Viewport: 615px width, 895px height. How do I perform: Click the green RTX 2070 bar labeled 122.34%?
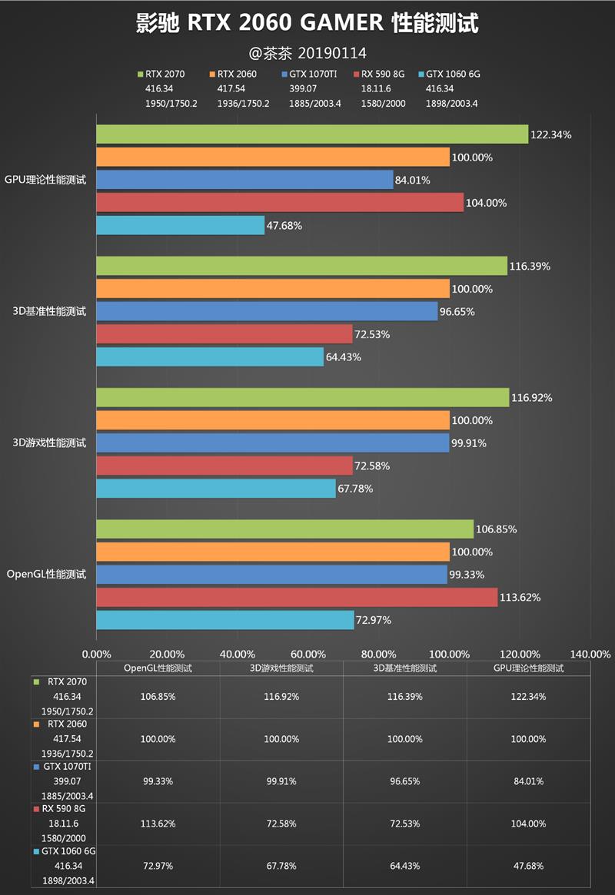tap(312, 134)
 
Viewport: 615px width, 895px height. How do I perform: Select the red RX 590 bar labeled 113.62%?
tap(297, 597)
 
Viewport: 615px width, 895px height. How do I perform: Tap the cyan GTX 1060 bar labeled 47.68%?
tap(180, 225)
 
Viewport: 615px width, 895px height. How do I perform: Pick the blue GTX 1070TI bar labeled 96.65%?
tap(267, 311)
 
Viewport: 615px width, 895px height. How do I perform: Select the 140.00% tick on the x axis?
tap(590, 654)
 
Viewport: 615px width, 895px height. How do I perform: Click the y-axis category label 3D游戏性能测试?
tap(49, 443)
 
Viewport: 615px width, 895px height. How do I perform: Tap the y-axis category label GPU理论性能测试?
tap(45, 180)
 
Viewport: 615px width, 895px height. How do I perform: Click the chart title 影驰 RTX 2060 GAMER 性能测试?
tap(307, 24)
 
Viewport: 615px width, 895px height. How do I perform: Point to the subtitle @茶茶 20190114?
tap(307, 53)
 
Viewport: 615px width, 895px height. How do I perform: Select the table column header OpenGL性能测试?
tap(158, 668)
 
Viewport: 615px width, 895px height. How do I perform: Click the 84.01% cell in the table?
tap(528, 781)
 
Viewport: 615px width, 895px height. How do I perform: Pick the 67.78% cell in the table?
tap(281, 866)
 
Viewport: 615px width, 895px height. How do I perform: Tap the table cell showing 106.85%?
tap(158, 697)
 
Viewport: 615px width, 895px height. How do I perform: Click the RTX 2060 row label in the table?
tap(66, 724)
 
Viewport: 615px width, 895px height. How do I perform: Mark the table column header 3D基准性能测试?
tap(404, 668)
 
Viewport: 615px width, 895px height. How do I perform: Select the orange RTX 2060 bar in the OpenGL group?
tap(273, 552)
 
